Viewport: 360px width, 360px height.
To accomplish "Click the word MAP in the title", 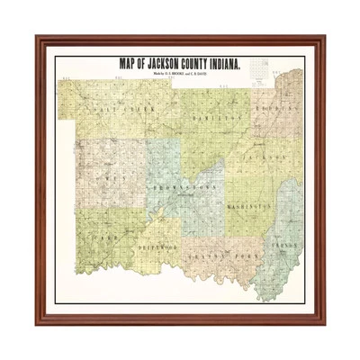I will point(129,63).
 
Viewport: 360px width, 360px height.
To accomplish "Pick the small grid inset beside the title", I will point(262,71).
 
